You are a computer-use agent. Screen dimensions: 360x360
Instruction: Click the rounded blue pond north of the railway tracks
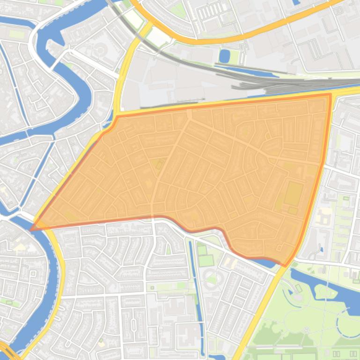coord(224,56)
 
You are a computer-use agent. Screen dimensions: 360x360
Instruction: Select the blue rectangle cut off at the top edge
coord(295,2)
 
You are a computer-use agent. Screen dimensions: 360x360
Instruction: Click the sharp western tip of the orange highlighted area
coord(31,230)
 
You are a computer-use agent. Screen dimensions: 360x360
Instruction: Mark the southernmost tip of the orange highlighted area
coord(285,266)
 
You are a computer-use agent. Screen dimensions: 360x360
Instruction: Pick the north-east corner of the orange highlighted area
coord(331,94)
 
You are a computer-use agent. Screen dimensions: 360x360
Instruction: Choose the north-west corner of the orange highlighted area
coord(117,116)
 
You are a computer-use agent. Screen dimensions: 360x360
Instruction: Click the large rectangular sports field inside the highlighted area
coord(294,194)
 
